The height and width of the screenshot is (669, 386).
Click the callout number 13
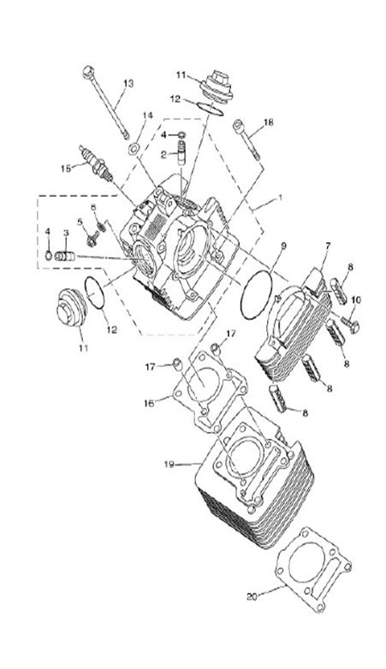coord(128,83)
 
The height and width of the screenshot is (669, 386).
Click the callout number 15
coord(66,168)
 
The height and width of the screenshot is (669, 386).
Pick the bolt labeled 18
coord(246,140)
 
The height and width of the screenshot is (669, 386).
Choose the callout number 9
coord(283,246)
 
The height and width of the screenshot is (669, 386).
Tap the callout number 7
coord(325,246)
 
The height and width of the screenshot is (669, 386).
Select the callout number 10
coord(357,299)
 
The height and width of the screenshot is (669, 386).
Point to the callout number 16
coord(148,401)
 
